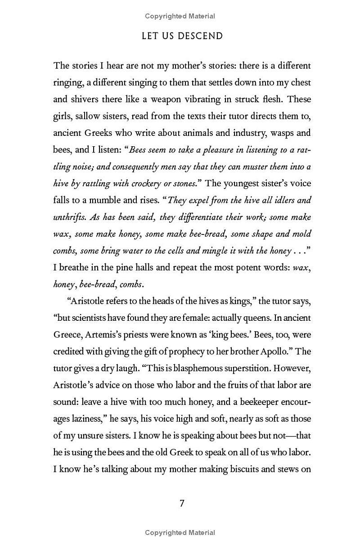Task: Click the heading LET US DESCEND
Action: tap(182, 36)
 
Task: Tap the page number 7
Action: tap(182, 503)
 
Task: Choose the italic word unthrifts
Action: tap(70, 217)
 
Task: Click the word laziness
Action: tap(84, 419)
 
